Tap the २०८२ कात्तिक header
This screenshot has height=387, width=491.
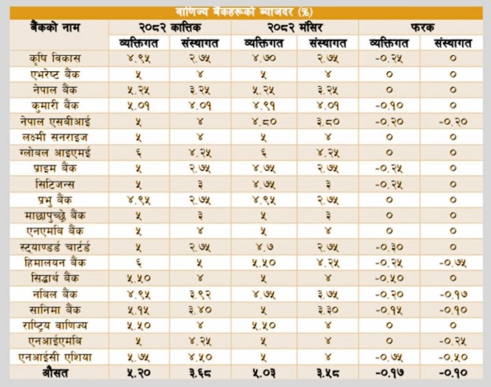170,27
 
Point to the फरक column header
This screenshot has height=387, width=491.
422,27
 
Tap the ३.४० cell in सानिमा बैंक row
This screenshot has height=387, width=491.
202,308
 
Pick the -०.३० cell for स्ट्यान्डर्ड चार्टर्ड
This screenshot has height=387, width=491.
390,246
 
